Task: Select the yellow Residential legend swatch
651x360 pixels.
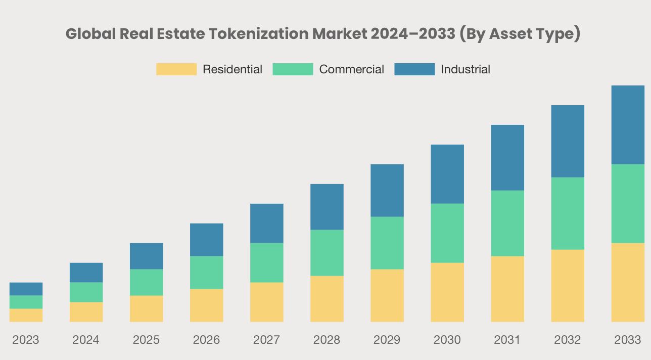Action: pos(176,69)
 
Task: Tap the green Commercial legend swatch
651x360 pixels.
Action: pos(293,69)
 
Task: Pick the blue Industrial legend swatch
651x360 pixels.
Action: pos(414,69)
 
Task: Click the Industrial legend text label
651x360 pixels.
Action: pos(465,69)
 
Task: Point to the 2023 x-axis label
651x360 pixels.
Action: pos(26,340)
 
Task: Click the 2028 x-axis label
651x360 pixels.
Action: pos(327,340)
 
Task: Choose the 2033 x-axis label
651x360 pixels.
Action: pos(627,340)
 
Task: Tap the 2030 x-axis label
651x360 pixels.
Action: pos(447,340)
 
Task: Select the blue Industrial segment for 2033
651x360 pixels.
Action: pos(628,125)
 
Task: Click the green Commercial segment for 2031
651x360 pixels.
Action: pos(507,223)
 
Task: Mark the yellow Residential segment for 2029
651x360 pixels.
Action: pos(387,295)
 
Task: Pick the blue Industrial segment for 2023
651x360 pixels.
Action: pos(26,289)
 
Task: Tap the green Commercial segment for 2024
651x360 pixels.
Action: pos(86,292)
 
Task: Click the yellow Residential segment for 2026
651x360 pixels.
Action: pos(206,305)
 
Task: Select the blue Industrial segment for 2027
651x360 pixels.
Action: pos(266,223)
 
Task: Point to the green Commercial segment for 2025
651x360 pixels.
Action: pos(146,282)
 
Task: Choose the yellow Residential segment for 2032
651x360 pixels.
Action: pos(568,286)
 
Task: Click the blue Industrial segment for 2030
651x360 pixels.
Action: pos(447,174)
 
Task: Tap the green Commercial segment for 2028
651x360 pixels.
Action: pos(327,253)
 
